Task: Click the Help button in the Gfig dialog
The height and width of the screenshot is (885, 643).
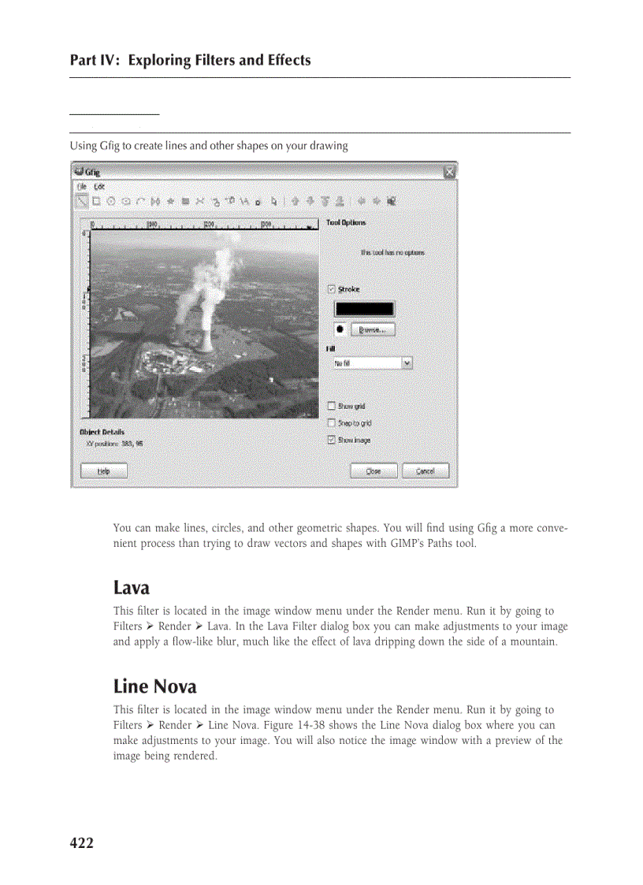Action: click(x=103, y=471)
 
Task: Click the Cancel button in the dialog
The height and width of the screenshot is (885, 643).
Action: click(x=425, y=471)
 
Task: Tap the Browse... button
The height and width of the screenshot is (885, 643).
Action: click(x=372, y=330)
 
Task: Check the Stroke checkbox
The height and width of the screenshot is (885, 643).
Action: click(x=331, y=289)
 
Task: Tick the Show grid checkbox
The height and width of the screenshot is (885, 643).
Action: click(x=331, y=406)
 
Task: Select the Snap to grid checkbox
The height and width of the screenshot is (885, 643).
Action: click(x=331, y=423)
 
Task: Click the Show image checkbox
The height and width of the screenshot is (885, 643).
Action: click(x=331, y=441)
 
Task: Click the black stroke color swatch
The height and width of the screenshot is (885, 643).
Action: click(x=364, y=309)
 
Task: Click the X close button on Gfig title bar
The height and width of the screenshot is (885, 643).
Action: click(x=448, y=171)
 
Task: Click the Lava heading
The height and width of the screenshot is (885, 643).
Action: click(x=131, y=588)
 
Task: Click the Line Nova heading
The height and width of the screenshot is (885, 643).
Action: click(x=154, y=686)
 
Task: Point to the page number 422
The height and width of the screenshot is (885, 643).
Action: click(x=81, y=843)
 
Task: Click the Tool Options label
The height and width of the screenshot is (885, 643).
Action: click(x=346, y=223)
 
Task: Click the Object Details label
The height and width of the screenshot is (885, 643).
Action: click(x=102, y=432)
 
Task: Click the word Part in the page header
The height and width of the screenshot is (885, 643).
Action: click(x=84, y=61)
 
